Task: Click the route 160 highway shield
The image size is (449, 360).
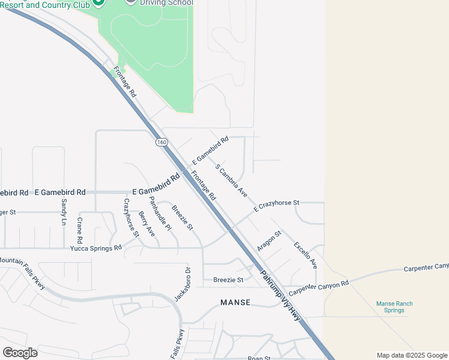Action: coord(161,142)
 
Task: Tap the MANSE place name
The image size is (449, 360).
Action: coord(235,302)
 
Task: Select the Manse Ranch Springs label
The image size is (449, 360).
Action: coord(394,307)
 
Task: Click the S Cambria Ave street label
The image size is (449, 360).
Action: coord(231,181)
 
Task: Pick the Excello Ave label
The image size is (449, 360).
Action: coord(305,255)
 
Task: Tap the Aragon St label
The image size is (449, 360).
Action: coord(269,241)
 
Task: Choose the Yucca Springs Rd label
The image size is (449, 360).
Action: coord(96,247)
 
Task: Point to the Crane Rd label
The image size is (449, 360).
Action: coord(79,229)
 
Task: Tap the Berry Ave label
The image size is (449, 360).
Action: coord(146,223)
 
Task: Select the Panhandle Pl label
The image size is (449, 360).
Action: coord(160,214)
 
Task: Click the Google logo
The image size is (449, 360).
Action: coord(20,352)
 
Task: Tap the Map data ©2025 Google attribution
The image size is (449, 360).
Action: coord(412,355)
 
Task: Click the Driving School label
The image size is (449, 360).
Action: coord(166,2)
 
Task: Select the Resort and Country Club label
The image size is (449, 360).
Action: coord(45,5)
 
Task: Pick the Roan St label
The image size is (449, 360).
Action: coord(259,358)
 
